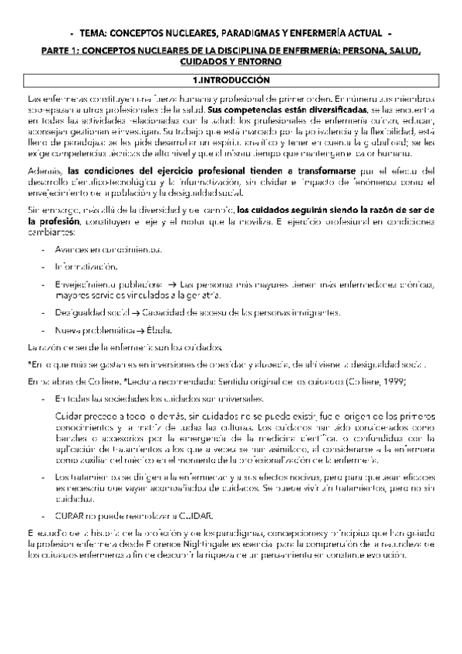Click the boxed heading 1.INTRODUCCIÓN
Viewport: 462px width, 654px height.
click(231, 79)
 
